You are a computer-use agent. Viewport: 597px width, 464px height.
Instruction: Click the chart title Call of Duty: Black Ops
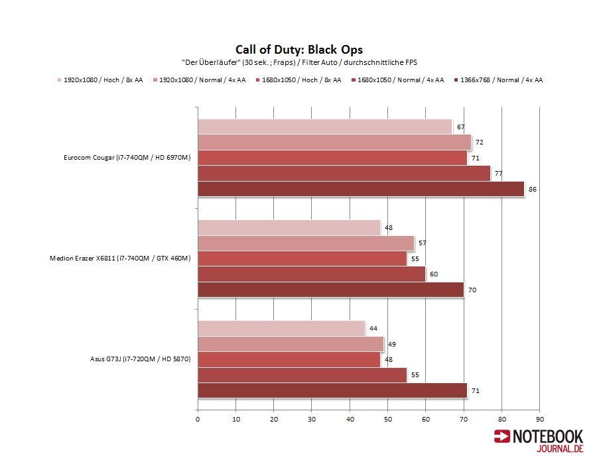[x=299, y=50]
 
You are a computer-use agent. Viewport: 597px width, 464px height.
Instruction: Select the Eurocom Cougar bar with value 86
[x=361, y=190]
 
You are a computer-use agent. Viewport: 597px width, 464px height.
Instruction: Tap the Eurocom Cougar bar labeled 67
[x=324, y=127]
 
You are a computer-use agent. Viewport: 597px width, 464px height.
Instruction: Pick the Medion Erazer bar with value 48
[x=289, y=227]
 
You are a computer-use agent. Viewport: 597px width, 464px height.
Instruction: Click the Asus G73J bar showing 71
[x=332, y=391]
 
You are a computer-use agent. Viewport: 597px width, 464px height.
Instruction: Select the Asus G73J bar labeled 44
[x=281, y=328]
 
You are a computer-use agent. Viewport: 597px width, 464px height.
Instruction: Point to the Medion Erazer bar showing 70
[x=330, y=290]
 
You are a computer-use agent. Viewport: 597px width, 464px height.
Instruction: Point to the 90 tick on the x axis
[x=540, y=419]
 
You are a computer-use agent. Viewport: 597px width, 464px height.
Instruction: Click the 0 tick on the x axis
[x=198, y=419]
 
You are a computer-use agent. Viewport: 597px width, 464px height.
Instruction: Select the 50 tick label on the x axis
[x=388, y=419]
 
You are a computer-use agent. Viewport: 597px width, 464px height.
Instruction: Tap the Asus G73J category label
[x=141, y=359]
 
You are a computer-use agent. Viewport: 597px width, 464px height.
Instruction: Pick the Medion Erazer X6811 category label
[x=120, y=259]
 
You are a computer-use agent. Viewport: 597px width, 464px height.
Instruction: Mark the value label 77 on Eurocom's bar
[x=498, y=174]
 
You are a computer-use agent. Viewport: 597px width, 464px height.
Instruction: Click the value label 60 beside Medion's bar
[x=433, y=274]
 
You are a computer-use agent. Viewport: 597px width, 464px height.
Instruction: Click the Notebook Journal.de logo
[x=539, y=441]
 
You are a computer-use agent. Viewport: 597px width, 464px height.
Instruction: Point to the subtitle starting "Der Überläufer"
[x=299, y=62]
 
